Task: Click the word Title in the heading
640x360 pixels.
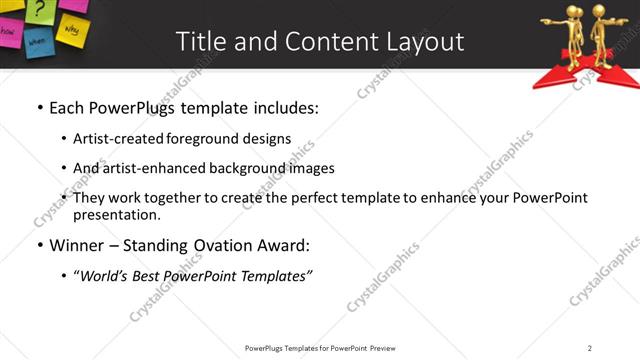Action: [200, 41]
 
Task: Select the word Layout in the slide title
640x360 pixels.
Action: [425, 41]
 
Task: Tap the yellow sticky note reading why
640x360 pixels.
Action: [72, 30]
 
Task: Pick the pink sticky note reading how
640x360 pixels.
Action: [8, 30]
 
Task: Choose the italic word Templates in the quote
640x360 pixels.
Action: [274, 275]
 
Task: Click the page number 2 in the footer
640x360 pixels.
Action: [590, 348]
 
